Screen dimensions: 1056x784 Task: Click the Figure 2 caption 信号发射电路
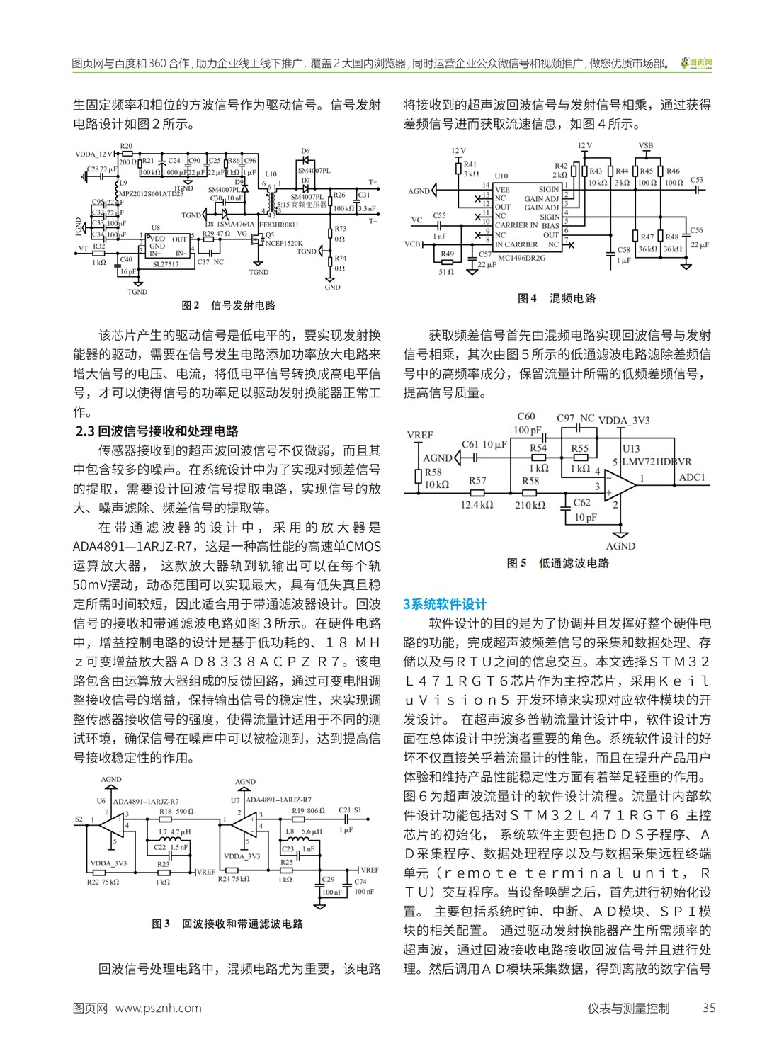243,305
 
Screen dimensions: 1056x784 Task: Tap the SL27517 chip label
166,264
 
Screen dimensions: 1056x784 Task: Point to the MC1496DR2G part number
521,259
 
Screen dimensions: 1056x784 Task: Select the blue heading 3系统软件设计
445,604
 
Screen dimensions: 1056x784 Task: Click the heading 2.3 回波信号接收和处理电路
157,431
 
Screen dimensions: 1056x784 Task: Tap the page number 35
708,1008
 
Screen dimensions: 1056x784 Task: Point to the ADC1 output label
692,477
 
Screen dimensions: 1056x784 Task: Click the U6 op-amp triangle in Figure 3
110,823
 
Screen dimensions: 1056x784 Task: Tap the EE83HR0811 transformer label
278,225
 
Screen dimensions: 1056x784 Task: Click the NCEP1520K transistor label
283,243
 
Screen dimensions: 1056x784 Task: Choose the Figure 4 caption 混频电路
572,298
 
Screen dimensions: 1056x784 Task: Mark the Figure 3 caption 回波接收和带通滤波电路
242,924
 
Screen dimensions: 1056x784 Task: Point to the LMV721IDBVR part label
657,462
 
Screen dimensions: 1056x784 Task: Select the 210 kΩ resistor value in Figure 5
530,505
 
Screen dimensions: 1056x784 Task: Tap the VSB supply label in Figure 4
645,147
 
